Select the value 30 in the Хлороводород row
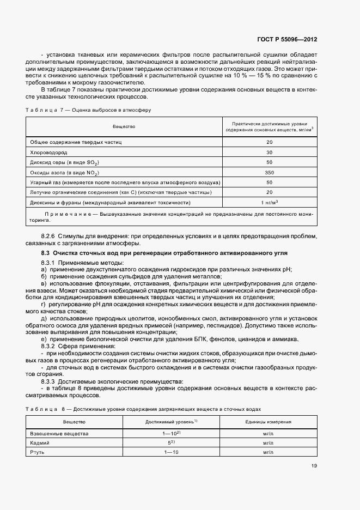point(269,152)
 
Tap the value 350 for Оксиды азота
point(269,172)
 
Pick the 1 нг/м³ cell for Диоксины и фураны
point(269,202)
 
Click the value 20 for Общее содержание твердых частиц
point(269,142)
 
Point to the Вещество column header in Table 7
point(124,126)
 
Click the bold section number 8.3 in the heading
point(46,254)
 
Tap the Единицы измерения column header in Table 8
point(267,422)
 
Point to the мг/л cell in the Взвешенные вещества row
point(267,433)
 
